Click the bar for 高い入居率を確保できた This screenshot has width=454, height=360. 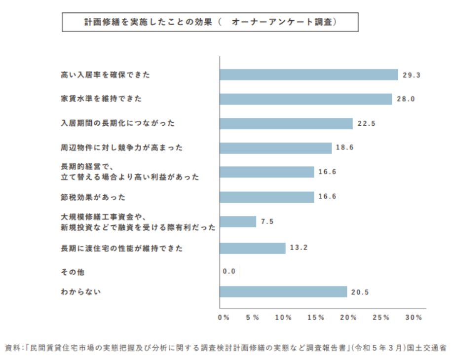pos(308,74)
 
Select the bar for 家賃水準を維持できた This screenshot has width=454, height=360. pos(305,99)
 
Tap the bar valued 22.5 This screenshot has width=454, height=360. pos(286,123)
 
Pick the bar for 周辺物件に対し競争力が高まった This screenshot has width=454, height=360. pos(275,148)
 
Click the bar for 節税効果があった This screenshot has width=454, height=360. pos(266,197)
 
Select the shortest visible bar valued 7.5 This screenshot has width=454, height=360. pos(238,221)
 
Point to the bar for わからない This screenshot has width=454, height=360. pos(283,292)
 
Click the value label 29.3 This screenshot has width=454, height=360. pos(411,75)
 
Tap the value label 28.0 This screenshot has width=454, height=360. pos(406,99)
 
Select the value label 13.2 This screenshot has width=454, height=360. pos(299,248)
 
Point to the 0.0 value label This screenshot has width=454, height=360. pos(229,271)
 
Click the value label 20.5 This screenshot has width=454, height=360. pos(360,292)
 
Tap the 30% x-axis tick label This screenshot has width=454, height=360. pos(413,318)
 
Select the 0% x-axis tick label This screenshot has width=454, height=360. pos(224,318)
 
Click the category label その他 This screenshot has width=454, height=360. pos(69,272)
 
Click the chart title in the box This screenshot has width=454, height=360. pos(210,22)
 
